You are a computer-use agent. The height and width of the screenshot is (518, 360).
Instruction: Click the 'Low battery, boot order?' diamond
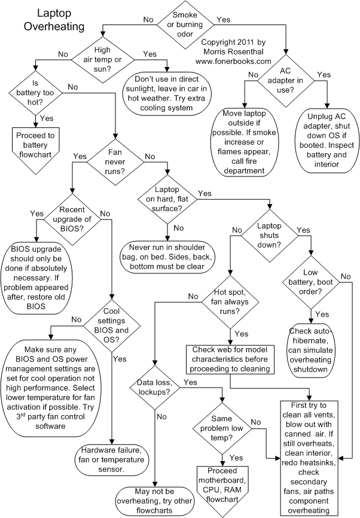pyautogui.click(x=310, y=284)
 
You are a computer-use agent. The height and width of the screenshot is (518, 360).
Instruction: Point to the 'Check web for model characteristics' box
pyautogui.click(x=230, y=358)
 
